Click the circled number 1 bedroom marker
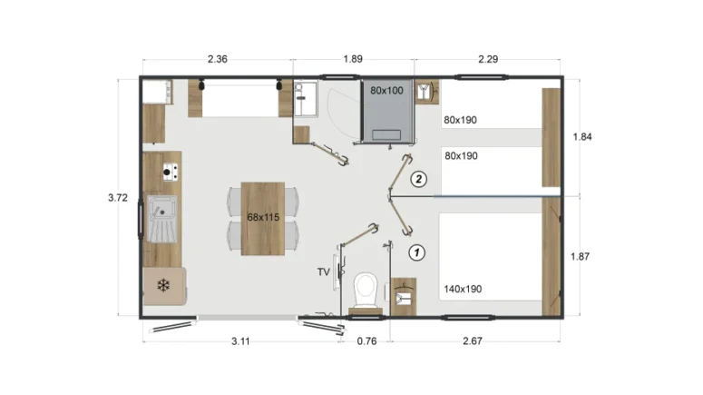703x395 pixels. point(417,252)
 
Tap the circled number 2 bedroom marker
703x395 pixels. point(419,180)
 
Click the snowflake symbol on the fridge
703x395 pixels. point(163,285)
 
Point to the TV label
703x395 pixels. point(324,272)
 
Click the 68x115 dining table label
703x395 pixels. point(263,217)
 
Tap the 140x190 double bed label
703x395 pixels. point(463,289)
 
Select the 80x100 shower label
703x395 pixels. point(386,91)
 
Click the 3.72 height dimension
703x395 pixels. point(118,198)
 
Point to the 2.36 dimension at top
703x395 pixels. point(218,59)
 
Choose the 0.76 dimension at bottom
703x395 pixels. point(366,341)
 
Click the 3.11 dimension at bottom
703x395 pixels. point(240,341)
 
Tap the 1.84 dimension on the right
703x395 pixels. point(582,137)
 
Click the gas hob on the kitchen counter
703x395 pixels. point(170,172)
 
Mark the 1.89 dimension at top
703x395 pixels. point(353,59)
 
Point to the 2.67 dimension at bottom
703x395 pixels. point(473,341)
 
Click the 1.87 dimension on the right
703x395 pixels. point(581,256)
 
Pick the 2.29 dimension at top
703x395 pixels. point(488,59)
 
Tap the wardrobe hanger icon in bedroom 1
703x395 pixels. point(404,296)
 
